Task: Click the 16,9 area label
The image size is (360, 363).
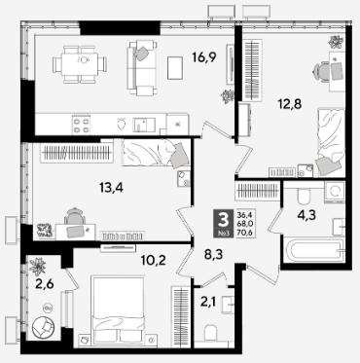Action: coord(204,58)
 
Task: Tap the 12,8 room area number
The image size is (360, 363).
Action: coord(290,104)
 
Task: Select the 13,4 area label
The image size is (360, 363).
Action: coord(111,187)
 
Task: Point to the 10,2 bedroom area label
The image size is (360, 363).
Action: coord(154,260)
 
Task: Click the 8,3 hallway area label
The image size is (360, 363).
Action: coord(213,255)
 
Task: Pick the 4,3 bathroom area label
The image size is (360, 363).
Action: coord(306,214)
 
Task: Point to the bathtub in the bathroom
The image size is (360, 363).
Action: coord(313,251)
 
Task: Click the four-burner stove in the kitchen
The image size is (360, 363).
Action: coord(81,126)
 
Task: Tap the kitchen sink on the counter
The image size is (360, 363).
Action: coord(144,125)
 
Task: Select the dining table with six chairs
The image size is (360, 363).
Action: coord(80,64)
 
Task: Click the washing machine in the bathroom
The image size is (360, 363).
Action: coord(335,192)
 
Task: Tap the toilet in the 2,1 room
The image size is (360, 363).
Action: coord(211,333)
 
